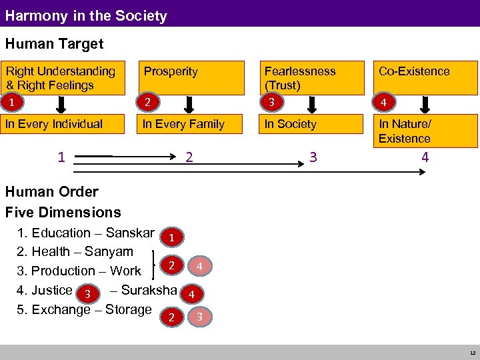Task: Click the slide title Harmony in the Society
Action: pos(86,15)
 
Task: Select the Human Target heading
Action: pos(54,44)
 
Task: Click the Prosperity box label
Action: pos(171,71)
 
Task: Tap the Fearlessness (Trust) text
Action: pos(300,78)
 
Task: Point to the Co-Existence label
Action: pos(414,71)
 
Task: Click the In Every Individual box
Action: pos(54,124)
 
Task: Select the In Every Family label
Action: pos(183,124)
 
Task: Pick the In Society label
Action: pos(290,124)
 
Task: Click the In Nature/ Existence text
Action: pos(405,131)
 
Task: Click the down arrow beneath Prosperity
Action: pos(189,105)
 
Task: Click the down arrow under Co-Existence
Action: pos(427,105)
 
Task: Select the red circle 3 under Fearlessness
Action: pos(270,103)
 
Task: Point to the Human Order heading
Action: pos(51,192)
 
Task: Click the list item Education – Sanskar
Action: pos(86,233)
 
